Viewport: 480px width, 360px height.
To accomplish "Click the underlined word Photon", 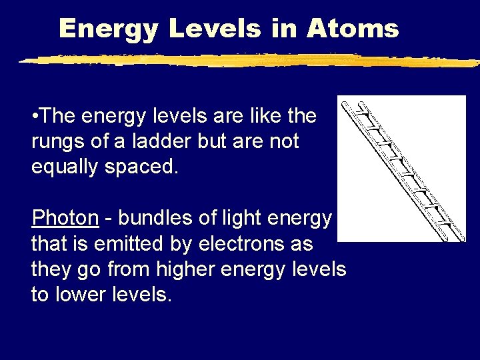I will [65, 218].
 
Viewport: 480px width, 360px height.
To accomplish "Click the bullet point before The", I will [35, 117].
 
